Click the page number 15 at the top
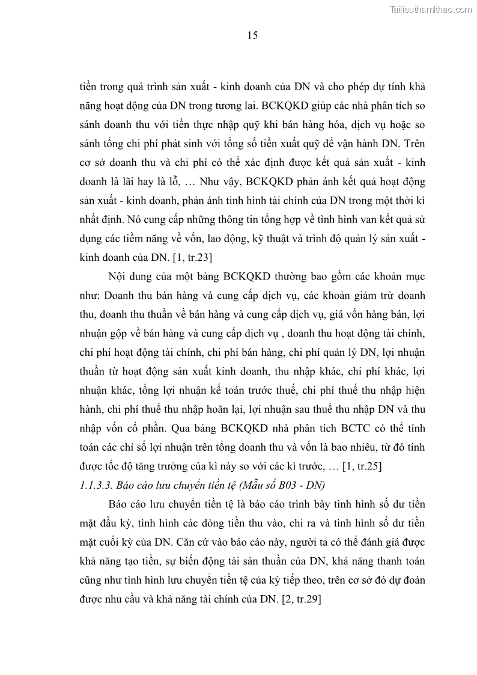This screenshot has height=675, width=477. (x=252, y=36)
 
